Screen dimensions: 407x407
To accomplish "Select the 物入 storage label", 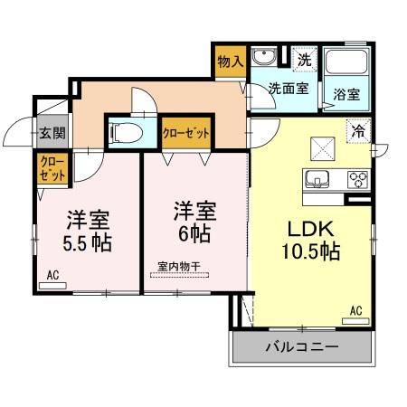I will click(x=231, y=62).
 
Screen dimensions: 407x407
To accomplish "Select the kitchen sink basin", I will click(x=318, y=177).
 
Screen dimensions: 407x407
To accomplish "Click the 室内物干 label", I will click(x=178, y=266).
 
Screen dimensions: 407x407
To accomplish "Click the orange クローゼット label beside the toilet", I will click(x=186, y=132).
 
